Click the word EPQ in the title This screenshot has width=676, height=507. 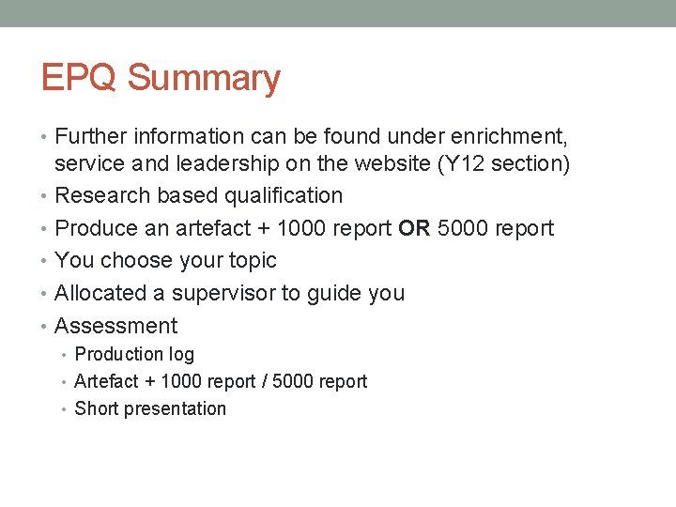(x=81, y=78)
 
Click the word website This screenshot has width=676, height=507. (x=385, y=163)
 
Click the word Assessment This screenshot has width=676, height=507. (x=116, y=326)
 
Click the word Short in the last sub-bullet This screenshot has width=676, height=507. (x=95, y=408)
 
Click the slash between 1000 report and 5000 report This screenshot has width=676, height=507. (x=265, y=381)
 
